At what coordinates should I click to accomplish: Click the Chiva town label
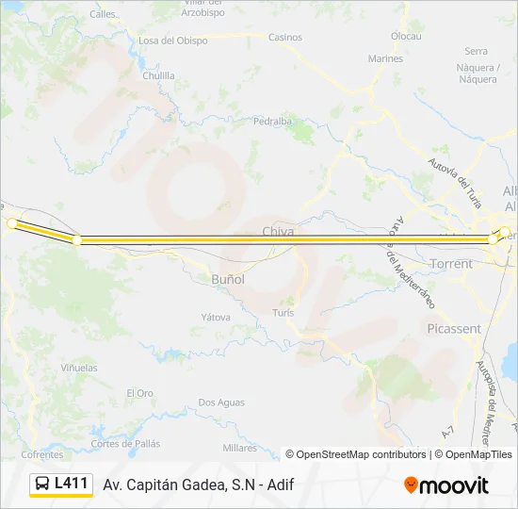(278, 231)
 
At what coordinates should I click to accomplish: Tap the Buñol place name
(228, 279)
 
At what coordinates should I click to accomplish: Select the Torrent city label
(450, 264)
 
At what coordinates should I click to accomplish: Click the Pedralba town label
(273, 122)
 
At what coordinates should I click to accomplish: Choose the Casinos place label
(285, 38)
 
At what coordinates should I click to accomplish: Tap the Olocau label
(406, 36)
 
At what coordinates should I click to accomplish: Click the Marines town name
(385, 58)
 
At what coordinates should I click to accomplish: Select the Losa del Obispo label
(173, 41)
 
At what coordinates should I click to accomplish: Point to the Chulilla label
(157, 75)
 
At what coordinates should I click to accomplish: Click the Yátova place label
(215, 318)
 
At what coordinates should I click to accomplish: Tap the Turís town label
(283, 312)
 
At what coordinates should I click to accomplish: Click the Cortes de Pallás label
(125, 443)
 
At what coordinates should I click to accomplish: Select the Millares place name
(239, 447)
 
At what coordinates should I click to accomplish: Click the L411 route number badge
(62, 484)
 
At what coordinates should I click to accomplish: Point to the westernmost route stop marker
(12, 223)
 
